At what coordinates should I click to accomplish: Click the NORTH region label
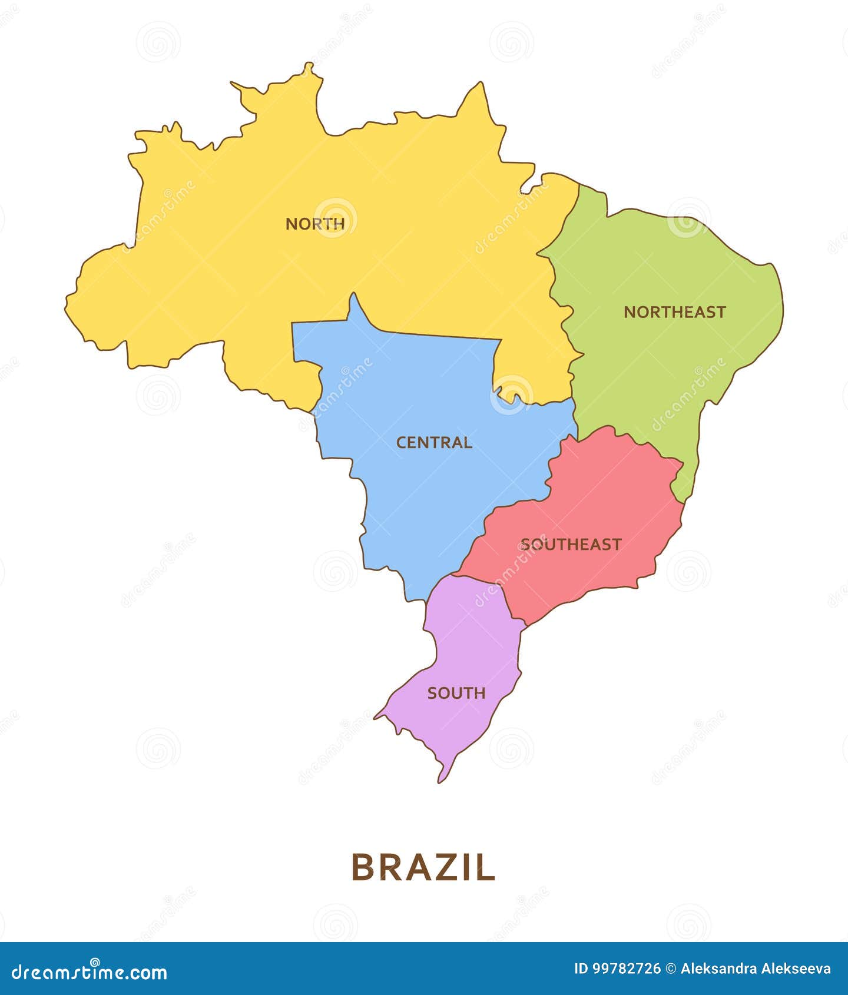click(x=315, y=224)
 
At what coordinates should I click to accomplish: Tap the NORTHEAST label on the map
click(x=674, y=312)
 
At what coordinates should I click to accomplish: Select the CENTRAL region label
click(x=434, y=442)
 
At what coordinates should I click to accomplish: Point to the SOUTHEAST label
click(x=571, y=544)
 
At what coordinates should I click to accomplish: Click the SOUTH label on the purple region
click(x=456, y=693)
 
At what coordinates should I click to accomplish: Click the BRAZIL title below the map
click(x=423, y=867)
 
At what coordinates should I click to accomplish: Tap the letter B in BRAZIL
click(x=363, y=867)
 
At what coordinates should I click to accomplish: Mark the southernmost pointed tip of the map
click(x=440, y=781)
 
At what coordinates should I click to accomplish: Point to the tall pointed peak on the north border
click(x=481, y=84)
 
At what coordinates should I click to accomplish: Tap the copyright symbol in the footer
click(x=671, y=969)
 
